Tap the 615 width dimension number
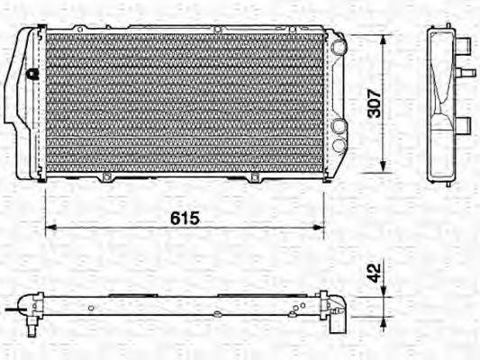coord(184,219)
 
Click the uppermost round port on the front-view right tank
coord(339,44)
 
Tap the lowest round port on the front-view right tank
coord(338,144)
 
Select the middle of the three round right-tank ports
coord(339,127)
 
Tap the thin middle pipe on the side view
coord(467,67)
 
